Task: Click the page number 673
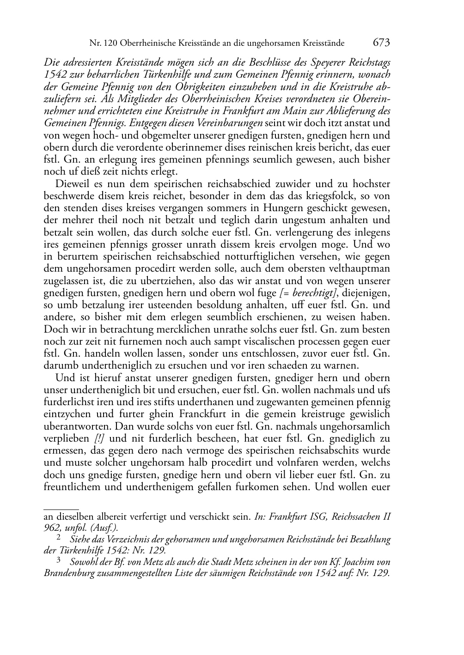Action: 381,43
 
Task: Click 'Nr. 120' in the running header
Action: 102,44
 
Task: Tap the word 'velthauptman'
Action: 360,269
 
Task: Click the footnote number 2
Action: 58,538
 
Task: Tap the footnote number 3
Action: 58,561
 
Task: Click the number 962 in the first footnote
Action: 52,528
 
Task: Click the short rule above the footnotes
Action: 61,508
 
